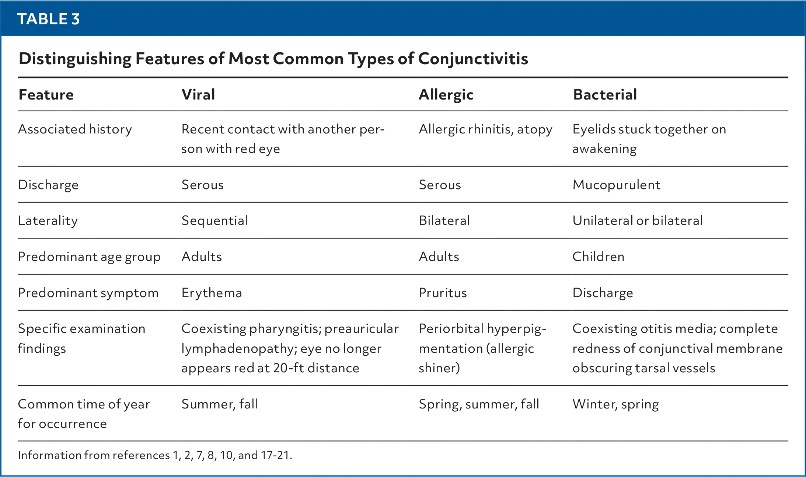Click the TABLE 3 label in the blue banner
[48, 19]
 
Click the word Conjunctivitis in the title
[473, 59]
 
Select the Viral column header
[198, 95]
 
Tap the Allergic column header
[446, 95]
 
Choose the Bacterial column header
[605, 95]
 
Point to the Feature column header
[46, 95]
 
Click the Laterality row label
[48, 221]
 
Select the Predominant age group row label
[89, 257]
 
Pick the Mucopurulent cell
[616, 185]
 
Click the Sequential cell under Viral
[214, 221]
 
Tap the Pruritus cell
[443, 293]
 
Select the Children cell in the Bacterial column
[598, 257]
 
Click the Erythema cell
[212, 293]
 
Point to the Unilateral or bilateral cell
[638, 220]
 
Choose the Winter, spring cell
[615, 404]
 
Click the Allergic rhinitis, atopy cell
[485, 129]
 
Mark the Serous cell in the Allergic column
[440, 185]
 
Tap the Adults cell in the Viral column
[202, 257]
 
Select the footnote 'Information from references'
[94, 455]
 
